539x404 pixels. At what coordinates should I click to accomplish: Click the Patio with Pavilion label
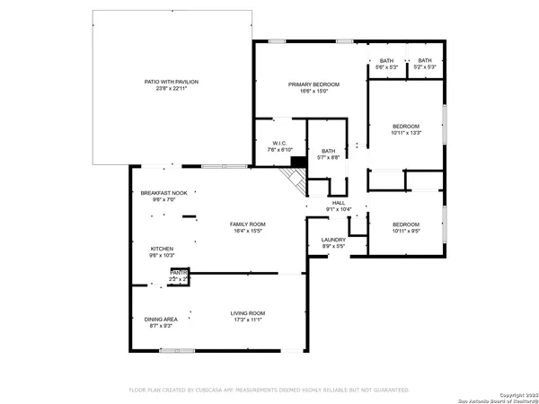click(x=171, y=82)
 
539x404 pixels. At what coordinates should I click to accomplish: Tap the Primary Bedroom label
click(x=308, y=84)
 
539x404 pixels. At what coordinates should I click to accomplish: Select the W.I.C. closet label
click(x=278, y=144)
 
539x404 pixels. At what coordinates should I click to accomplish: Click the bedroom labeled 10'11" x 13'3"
click(x=405, y=127)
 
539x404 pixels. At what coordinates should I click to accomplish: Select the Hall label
click(x=339, y=203)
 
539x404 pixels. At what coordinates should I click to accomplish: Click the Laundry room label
click(x=333, y=240)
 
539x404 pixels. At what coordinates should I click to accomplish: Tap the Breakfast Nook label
click(x=163, y=193)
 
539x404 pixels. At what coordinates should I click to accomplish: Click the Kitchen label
click(x=162, y=249)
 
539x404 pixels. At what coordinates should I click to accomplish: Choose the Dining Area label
click(x=161, y=319)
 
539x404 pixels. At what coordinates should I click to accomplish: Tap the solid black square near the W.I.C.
click(x=297, y=162)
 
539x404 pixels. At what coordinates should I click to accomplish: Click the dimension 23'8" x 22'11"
click(x=171, y=88)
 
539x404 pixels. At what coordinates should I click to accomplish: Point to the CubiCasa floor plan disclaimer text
click(x=269, y=391)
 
